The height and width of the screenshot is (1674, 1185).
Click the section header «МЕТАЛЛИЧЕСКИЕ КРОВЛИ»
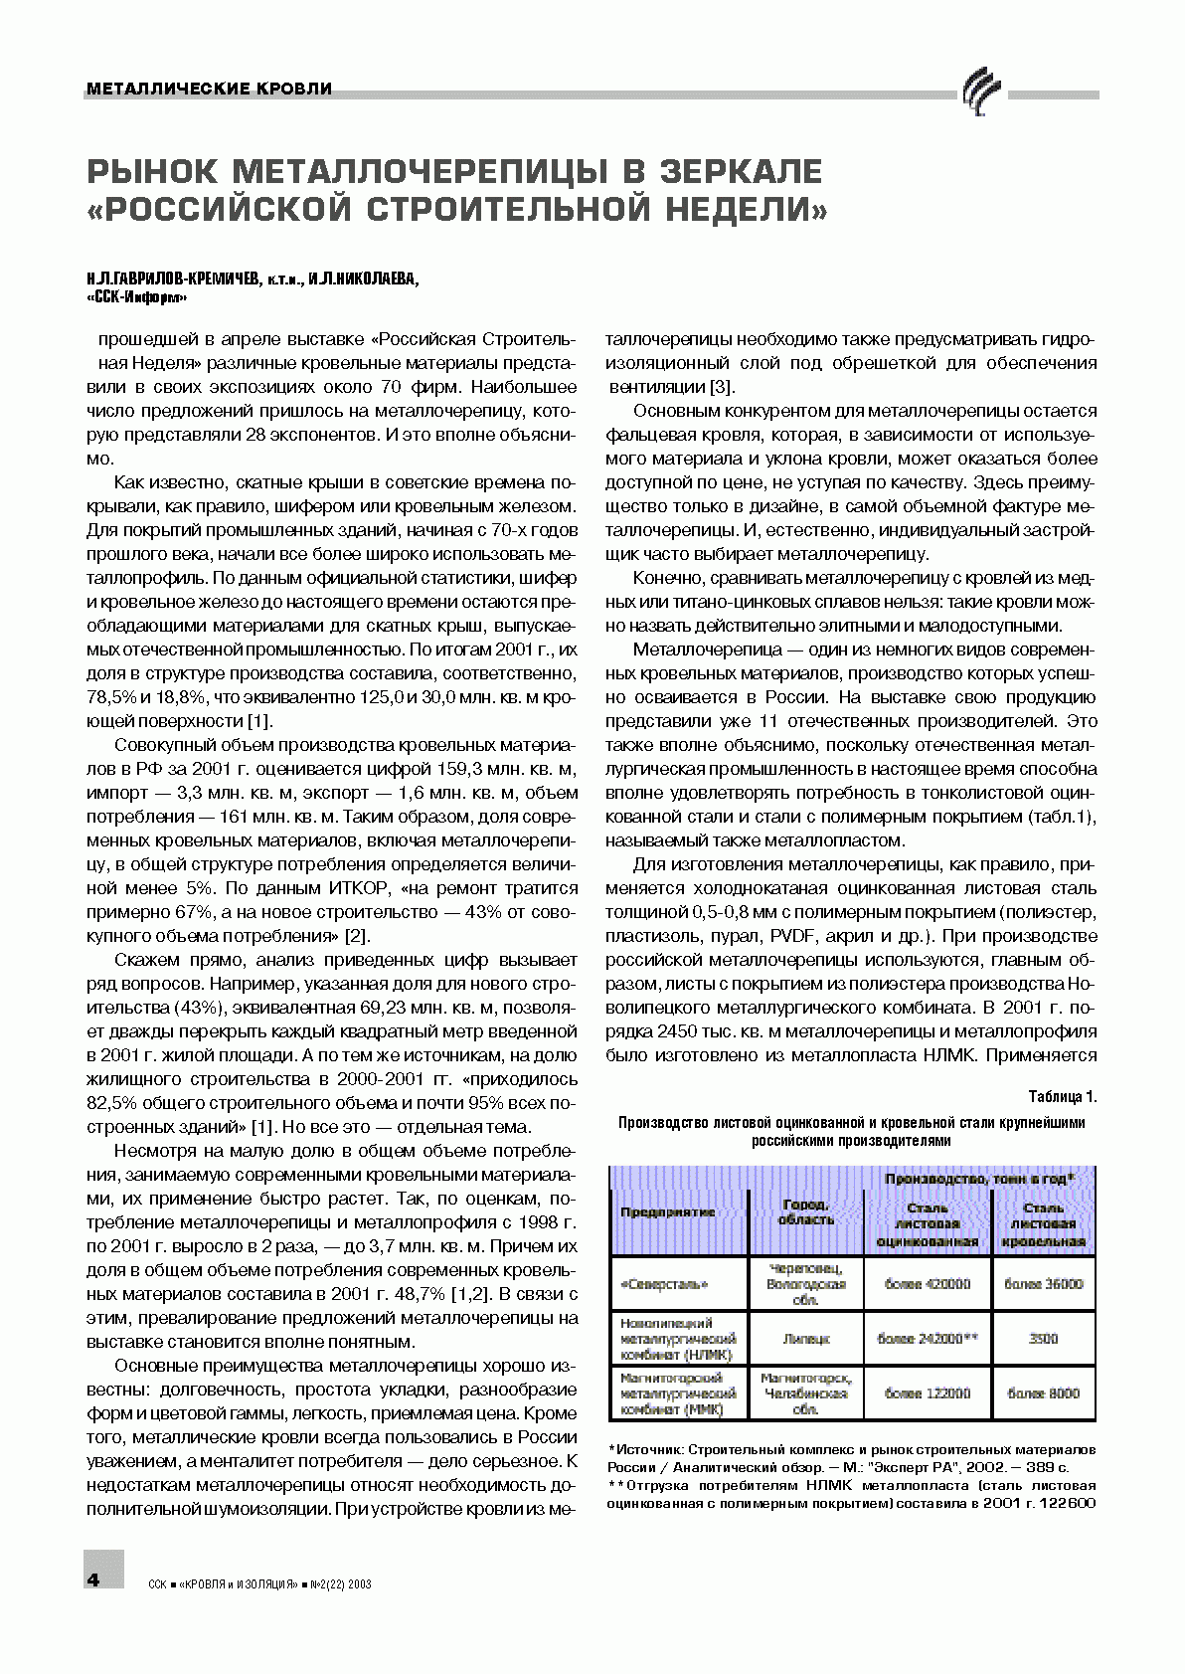pyautogui.click(x=210, y=90)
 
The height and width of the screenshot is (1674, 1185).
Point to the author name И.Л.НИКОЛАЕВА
pyautogui.click(x=363, y=279)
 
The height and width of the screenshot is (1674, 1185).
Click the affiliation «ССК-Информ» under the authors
pyautogui.click(x=136, y=297)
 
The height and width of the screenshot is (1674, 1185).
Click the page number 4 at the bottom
pyautogui.click(x=93, y=1580)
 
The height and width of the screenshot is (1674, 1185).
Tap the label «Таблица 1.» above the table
pyautogui.click(x=1062, y=1097)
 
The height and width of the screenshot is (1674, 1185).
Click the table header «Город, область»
pyautogui.click(x=806, y=1211)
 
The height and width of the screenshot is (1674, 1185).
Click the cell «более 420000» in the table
pyautogui.click(x=928, y=1284)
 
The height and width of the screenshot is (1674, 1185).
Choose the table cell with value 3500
pyautogui.click(x=1043, y=1339)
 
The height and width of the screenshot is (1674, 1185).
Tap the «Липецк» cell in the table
pyautogui.click(x=806, y=1339)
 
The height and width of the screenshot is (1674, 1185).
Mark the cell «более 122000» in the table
pyautogui.click(x=928, y=1394)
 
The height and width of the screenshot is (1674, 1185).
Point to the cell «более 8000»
pyautogui.click(x=1043, y=1394)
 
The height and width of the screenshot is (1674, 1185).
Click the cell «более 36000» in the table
pyautogui.click(x=1043, y=1284)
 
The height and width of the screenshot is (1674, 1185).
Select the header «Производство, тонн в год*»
pyautogui.click(x=979, y=1179)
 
